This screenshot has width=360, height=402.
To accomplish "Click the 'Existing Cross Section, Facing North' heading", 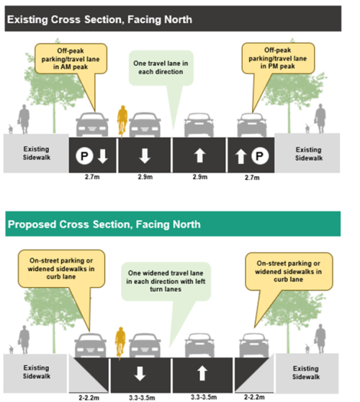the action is (x=99, y=19).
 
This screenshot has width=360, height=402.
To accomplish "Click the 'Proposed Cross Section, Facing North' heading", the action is (x=104, y=224).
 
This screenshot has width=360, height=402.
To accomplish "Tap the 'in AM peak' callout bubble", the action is (x=71, y=59).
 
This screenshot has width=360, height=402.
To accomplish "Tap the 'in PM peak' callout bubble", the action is (x=278, y=58).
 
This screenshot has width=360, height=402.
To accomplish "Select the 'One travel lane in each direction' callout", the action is (x=161, y=68).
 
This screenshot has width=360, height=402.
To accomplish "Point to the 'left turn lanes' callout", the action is (x=166, y=281).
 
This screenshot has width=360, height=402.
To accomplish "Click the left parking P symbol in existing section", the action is (x=84, y=155).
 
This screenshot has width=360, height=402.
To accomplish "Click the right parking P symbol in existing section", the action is (x=260, y=155).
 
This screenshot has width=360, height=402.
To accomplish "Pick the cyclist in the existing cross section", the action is (x=122, y=121).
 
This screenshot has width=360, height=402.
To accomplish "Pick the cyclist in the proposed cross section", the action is (x=120, y=342).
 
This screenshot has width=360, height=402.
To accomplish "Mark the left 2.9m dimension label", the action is (x=145, y=177).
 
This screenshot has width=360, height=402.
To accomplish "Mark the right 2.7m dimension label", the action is (x=252, y=178).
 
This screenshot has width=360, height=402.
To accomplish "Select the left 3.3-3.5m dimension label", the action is (x=142, y=398).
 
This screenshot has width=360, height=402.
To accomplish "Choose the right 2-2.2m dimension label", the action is (x=254, y=397).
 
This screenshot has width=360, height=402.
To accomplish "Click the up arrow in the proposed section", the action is (x=202, y=373).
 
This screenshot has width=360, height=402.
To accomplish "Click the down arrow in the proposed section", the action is (x=140, y=373).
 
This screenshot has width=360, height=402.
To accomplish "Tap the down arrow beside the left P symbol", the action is (x=103, y=156).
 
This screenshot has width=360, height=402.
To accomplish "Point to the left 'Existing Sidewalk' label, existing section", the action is (x=37, y=153).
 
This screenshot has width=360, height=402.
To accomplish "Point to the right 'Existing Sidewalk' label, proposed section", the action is (x=306, y=373).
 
